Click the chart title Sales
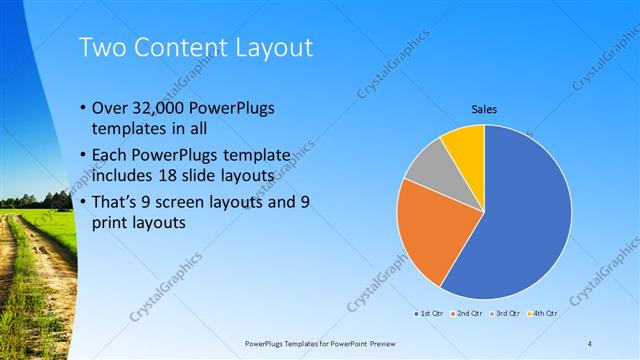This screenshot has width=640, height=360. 485,109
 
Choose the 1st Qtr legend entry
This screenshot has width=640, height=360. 431,314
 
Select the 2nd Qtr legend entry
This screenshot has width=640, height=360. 469,314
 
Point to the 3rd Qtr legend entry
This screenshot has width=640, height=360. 507,314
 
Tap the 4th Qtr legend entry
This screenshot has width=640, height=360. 545,314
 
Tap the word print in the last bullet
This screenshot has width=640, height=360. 111,224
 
